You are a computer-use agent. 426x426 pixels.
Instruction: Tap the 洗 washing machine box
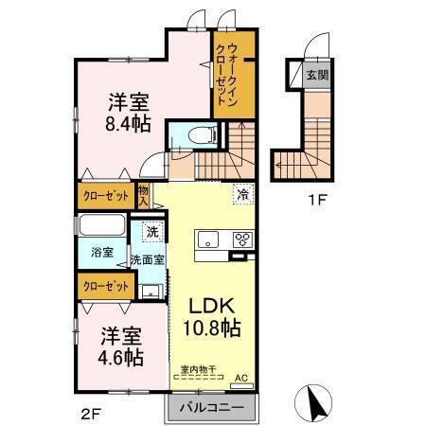(151, 232)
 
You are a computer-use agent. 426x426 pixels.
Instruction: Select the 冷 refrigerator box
(244, 195)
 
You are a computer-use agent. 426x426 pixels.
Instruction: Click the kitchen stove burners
(243, 238)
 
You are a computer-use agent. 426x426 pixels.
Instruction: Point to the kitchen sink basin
(208, 239)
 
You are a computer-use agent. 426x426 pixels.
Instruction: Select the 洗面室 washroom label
(148, 258)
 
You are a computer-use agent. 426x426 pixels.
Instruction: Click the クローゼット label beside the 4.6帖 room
(104, 286)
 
